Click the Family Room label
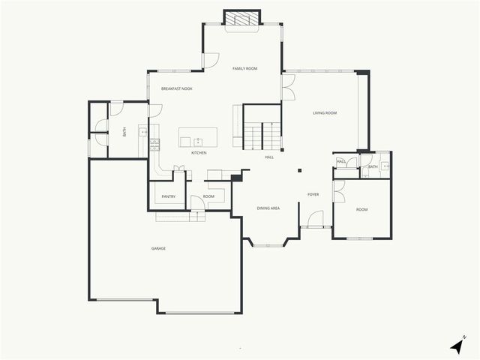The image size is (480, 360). coord(244,68)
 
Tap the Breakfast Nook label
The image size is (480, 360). coord(177,89)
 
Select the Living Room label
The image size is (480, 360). coord(325,113)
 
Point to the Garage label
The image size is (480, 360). coord(158,248)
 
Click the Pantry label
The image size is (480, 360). coord(168,197)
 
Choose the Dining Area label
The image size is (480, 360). coord(268,208)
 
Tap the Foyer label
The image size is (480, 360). coord(313,194)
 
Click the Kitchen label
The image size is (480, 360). coord(199,153)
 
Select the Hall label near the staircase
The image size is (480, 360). coord(268,157)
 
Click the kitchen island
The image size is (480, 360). coord(198,137)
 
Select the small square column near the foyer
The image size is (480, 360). coord(299,171)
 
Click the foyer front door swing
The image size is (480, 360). coord(315,219)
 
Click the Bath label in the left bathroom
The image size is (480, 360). coord(124,131)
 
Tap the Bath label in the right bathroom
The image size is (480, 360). coord(373,166)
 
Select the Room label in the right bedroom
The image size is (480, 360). coord(362,209)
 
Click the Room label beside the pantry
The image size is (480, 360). coord(208,196)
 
